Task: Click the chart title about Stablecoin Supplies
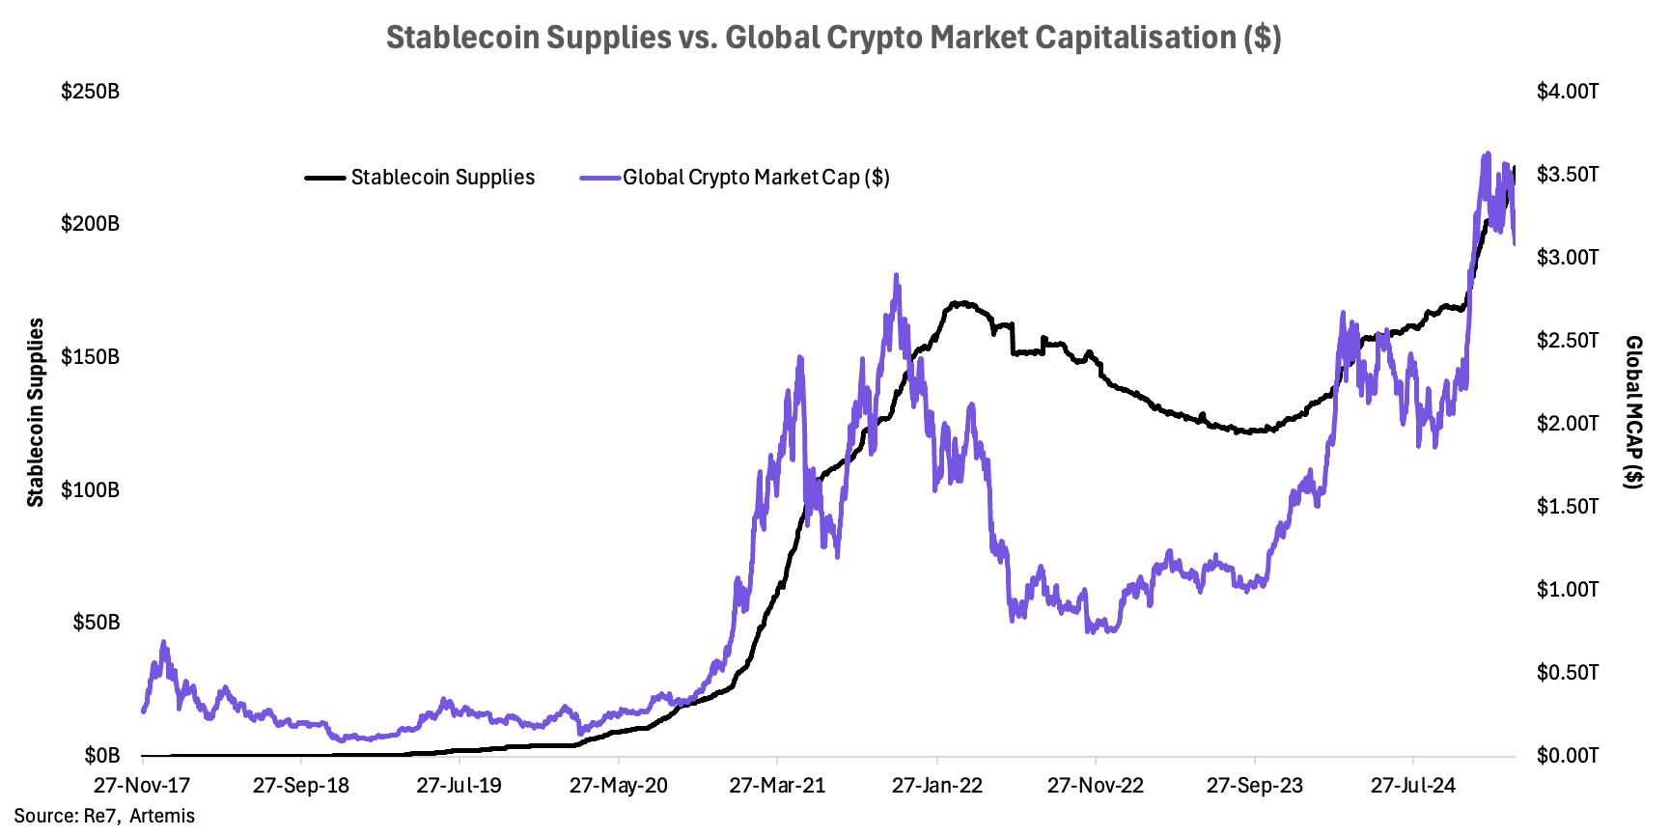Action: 834,38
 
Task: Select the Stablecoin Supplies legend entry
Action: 442,178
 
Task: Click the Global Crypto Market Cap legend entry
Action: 756,178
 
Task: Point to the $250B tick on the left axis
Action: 91,92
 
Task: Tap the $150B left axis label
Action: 91,357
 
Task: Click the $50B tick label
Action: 97,623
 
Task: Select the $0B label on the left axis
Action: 102,755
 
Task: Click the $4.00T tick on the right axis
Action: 1568,92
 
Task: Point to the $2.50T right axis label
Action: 1568,341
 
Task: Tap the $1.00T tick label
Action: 1568,590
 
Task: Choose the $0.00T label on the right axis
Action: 1568,755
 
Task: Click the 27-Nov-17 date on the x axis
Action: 142,785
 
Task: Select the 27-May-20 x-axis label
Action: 619,785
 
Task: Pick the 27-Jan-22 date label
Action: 937,785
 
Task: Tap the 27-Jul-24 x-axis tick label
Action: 1413,785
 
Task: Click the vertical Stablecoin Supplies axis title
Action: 36,412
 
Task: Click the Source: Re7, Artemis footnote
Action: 104,817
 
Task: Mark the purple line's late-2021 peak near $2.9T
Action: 896,276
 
